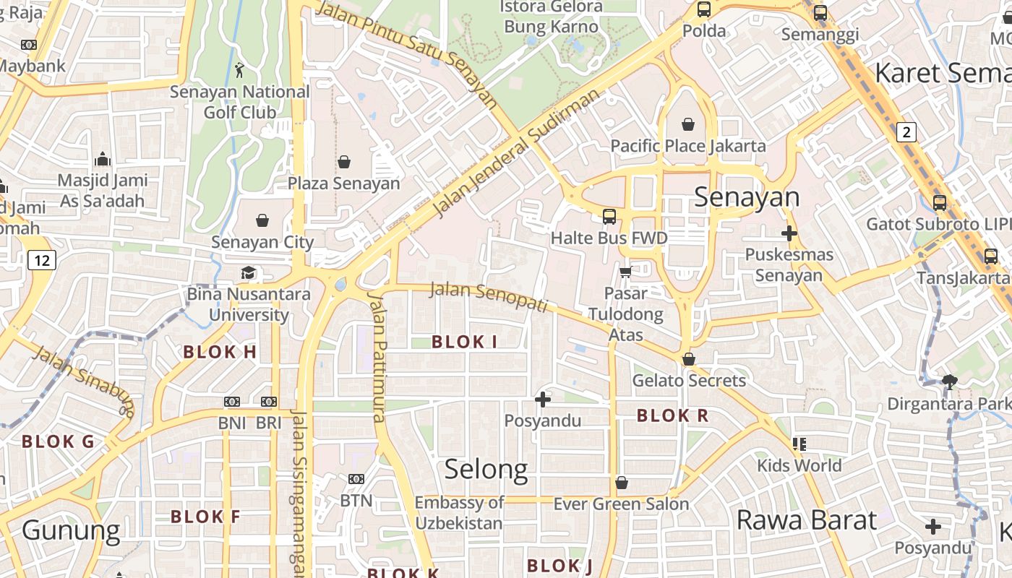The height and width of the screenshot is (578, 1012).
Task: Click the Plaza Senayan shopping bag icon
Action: coord(344,162)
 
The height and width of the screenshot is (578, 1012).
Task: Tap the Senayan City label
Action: coord(262,242)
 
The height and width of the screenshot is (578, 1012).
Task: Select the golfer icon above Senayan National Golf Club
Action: coord(240,70)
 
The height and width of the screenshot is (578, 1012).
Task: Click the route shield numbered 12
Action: coord(42,260)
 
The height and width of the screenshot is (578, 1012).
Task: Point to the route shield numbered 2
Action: coord(906,132)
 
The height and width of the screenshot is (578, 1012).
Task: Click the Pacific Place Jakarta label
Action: coord(687,146)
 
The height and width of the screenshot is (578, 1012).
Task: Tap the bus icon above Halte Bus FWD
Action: coord(609,216)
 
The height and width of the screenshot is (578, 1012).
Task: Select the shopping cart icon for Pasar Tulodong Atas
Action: coord(625,272)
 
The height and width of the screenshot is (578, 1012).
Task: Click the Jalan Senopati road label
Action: coord(489,296)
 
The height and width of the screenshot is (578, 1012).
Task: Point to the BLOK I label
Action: coord(464,342)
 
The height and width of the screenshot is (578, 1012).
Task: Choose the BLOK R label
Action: coord(672,416)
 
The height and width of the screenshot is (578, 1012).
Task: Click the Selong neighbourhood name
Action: coord(486,470)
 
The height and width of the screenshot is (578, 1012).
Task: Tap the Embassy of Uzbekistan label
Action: coord(459,513)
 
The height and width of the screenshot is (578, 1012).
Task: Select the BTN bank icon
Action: coord(356,479)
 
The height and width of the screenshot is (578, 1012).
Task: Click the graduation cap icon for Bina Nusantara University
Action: coord(249,273)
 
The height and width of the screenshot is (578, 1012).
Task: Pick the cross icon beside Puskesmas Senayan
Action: coord(789,233)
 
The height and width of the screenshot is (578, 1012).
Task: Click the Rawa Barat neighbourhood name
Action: coord(806,520)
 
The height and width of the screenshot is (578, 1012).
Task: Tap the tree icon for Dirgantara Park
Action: coord(949,382)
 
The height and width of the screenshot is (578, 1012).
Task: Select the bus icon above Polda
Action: coord(704,9)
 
